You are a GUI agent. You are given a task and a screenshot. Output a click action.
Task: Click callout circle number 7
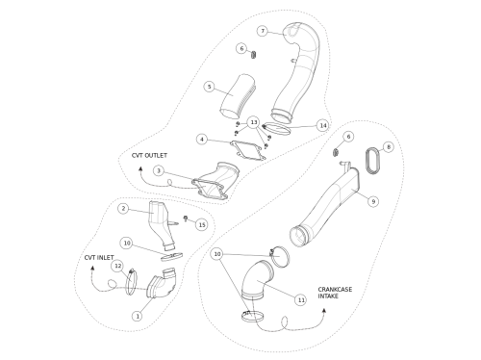[x=263, y=31]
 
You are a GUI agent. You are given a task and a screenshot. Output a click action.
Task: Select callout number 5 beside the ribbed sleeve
[x=210, y=87]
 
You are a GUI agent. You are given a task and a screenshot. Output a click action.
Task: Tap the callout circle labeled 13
[x=254, y=122]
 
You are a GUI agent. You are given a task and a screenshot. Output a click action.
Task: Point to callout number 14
[x=323, y=125]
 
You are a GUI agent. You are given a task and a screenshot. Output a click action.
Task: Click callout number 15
[x=202, y=225]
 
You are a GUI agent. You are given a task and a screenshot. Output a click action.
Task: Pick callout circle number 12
[x=118, y=266]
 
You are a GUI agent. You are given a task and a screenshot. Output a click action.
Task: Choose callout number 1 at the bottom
[x=138, y=316]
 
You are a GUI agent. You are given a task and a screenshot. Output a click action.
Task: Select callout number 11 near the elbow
[x=301, y=300]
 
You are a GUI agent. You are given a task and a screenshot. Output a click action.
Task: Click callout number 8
[x=389, y=147]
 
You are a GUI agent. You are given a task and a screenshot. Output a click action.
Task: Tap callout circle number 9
[x=373, y=201]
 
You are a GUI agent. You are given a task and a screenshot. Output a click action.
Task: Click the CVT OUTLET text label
[x=149, y=156]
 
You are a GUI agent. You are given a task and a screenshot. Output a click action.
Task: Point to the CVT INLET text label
[x=99, y=258]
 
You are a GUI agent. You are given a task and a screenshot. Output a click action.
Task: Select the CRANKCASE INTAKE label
[x=335, y=293]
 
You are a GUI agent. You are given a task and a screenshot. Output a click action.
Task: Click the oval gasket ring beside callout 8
[x=367, y=161]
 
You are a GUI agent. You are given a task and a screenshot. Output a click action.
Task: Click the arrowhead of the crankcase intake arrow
[x=324, y=310]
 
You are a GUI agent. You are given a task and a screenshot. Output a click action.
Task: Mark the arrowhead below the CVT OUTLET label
[x=140, y=168]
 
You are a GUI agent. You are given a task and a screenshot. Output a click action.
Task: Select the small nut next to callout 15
[x=186, y=219]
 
